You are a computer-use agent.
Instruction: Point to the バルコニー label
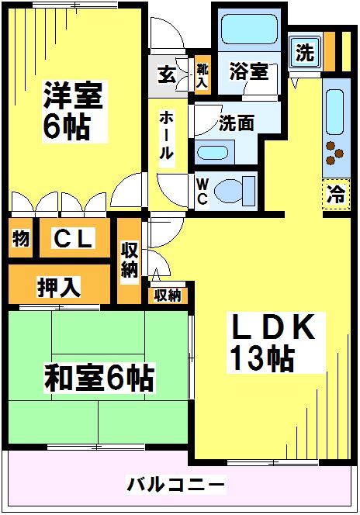[176, 486]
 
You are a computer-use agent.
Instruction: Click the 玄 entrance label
[167, 76]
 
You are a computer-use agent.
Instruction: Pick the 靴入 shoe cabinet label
[202, 74]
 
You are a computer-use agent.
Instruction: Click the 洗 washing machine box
[305, 54]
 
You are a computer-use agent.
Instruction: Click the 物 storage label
[21, 240]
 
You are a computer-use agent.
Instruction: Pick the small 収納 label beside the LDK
[167, 295]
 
